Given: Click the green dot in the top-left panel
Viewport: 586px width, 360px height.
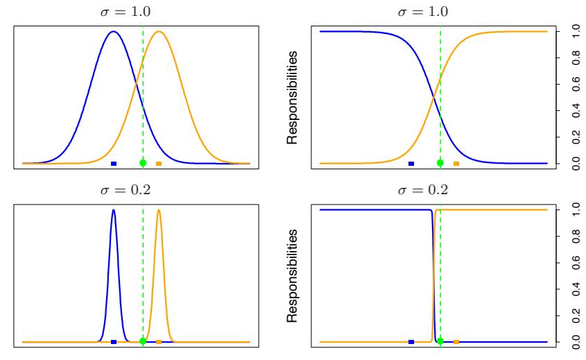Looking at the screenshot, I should pos(143,163).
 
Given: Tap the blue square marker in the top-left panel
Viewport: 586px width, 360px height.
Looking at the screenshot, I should pos(114,164).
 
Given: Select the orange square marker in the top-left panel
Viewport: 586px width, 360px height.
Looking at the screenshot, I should pos(159,164).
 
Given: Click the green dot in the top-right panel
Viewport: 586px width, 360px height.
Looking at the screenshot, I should pos(440,163).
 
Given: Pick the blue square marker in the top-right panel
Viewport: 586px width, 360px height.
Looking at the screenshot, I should pos(411,164).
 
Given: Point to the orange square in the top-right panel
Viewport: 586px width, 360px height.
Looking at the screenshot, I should pos(456,164).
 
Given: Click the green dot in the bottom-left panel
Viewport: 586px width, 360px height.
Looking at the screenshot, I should pos(143,341).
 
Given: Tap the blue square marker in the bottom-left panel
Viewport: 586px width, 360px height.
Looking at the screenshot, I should pos(114,342).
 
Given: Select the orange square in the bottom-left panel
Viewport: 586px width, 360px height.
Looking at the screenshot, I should pos(159,342).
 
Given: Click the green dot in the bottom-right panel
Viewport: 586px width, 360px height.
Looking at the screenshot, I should pos(440,341).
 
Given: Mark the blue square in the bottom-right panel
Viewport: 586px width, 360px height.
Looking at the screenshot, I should pos(411,342).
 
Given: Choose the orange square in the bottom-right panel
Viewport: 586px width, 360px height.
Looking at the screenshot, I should pos(456,342).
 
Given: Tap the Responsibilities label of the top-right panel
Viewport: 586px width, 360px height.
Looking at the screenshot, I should pos(294,97).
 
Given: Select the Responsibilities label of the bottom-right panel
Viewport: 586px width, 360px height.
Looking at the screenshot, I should pos(294,275).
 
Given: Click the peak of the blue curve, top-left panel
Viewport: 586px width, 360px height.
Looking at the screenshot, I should pos(114,31).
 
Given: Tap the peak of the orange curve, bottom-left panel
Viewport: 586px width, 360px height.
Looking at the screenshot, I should pos(159,209).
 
